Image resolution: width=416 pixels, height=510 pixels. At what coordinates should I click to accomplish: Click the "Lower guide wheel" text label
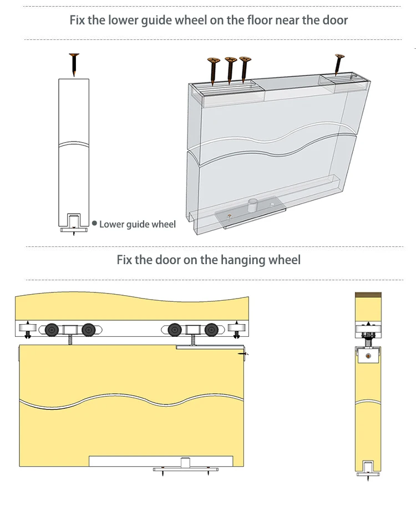click(138, 224)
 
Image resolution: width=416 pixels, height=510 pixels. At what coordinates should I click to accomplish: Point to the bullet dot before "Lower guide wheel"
click(94, 224)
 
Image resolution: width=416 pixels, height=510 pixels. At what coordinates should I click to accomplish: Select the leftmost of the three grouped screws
click(211, 70)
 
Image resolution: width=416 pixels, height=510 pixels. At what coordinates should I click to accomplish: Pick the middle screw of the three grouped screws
click(229, 69)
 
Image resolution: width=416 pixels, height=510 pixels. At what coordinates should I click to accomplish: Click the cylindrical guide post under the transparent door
click(253, 205)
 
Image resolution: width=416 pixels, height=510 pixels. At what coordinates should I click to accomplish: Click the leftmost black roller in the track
click(52, 330)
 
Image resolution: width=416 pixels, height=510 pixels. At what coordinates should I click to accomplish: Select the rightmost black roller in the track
click(211, 330)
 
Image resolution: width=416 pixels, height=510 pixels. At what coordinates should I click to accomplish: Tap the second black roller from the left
click(88, 330)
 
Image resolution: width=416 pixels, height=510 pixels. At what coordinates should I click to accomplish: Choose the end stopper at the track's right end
click(236, 329)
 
